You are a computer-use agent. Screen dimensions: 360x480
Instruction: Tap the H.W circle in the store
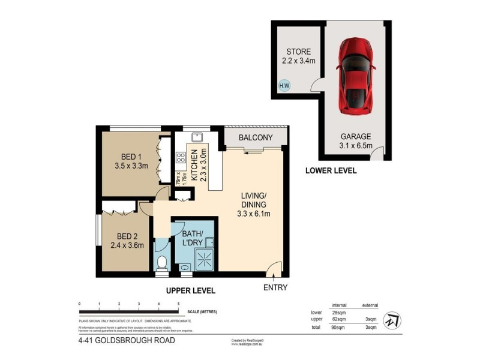(284, 86)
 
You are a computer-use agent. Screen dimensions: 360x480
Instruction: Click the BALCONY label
(256, 138)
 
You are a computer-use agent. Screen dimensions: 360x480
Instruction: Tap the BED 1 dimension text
(131, 166)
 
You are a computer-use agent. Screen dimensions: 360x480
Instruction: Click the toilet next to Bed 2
(161, 263)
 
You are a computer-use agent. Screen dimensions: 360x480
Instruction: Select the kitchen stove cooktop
(180, 158)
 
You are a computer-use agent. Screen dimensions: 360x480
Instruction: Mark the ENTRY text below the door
(275, 287)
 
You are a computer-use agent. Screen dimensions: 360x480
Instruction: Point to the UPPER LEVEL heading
(190, 290)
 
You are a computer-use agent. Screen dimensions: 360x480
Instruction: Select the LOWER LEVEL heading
(331, 170)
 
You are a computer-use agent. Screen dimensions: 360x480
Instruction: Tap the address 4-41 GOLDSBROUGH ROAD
(127, 341)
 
